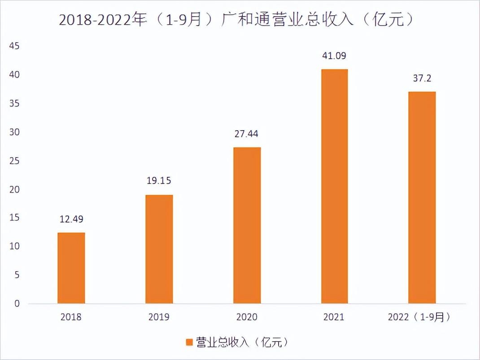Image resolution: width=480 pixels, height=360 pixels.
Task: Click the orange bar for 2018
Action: point(71,268)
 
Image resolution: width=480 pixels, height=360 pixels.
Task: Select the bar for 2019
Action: point(159,249)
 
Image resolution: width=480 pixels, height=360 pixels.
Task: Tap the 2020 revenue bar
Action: point(247,225)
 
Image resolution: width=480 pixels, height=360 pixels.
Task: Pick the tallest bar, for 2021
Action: point(334,186)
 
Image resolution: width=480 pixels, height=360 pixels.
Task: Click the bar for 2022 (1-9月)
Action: point(422,198)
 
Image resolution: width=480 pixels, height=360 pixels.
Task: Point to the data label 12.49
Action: point(71,220)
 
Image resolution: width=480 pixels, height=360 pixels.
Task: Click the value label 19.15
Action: point(159,181)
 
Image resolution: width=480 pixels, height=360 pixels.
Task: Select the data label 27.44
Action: point(247,134)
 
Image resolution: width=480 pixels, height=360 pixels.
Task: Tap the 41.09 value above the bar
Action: point(334,56)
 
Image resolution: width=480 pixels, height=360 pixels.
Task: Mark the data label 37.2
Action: point(422,79)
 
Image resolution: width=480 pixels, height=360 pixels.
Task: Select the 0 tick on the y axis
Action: point(17,304)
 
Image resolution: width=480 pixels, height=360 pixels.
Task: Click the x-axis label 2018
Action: point(71,317)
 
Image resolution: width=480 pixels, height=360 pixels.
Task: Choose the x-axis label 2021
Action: point(334,317)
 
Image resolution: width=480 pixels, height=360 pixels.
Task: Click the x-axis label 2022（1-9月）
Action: point(419,317)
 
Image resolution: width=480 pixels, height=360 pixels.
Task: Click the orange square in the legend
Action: point(189,342)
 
